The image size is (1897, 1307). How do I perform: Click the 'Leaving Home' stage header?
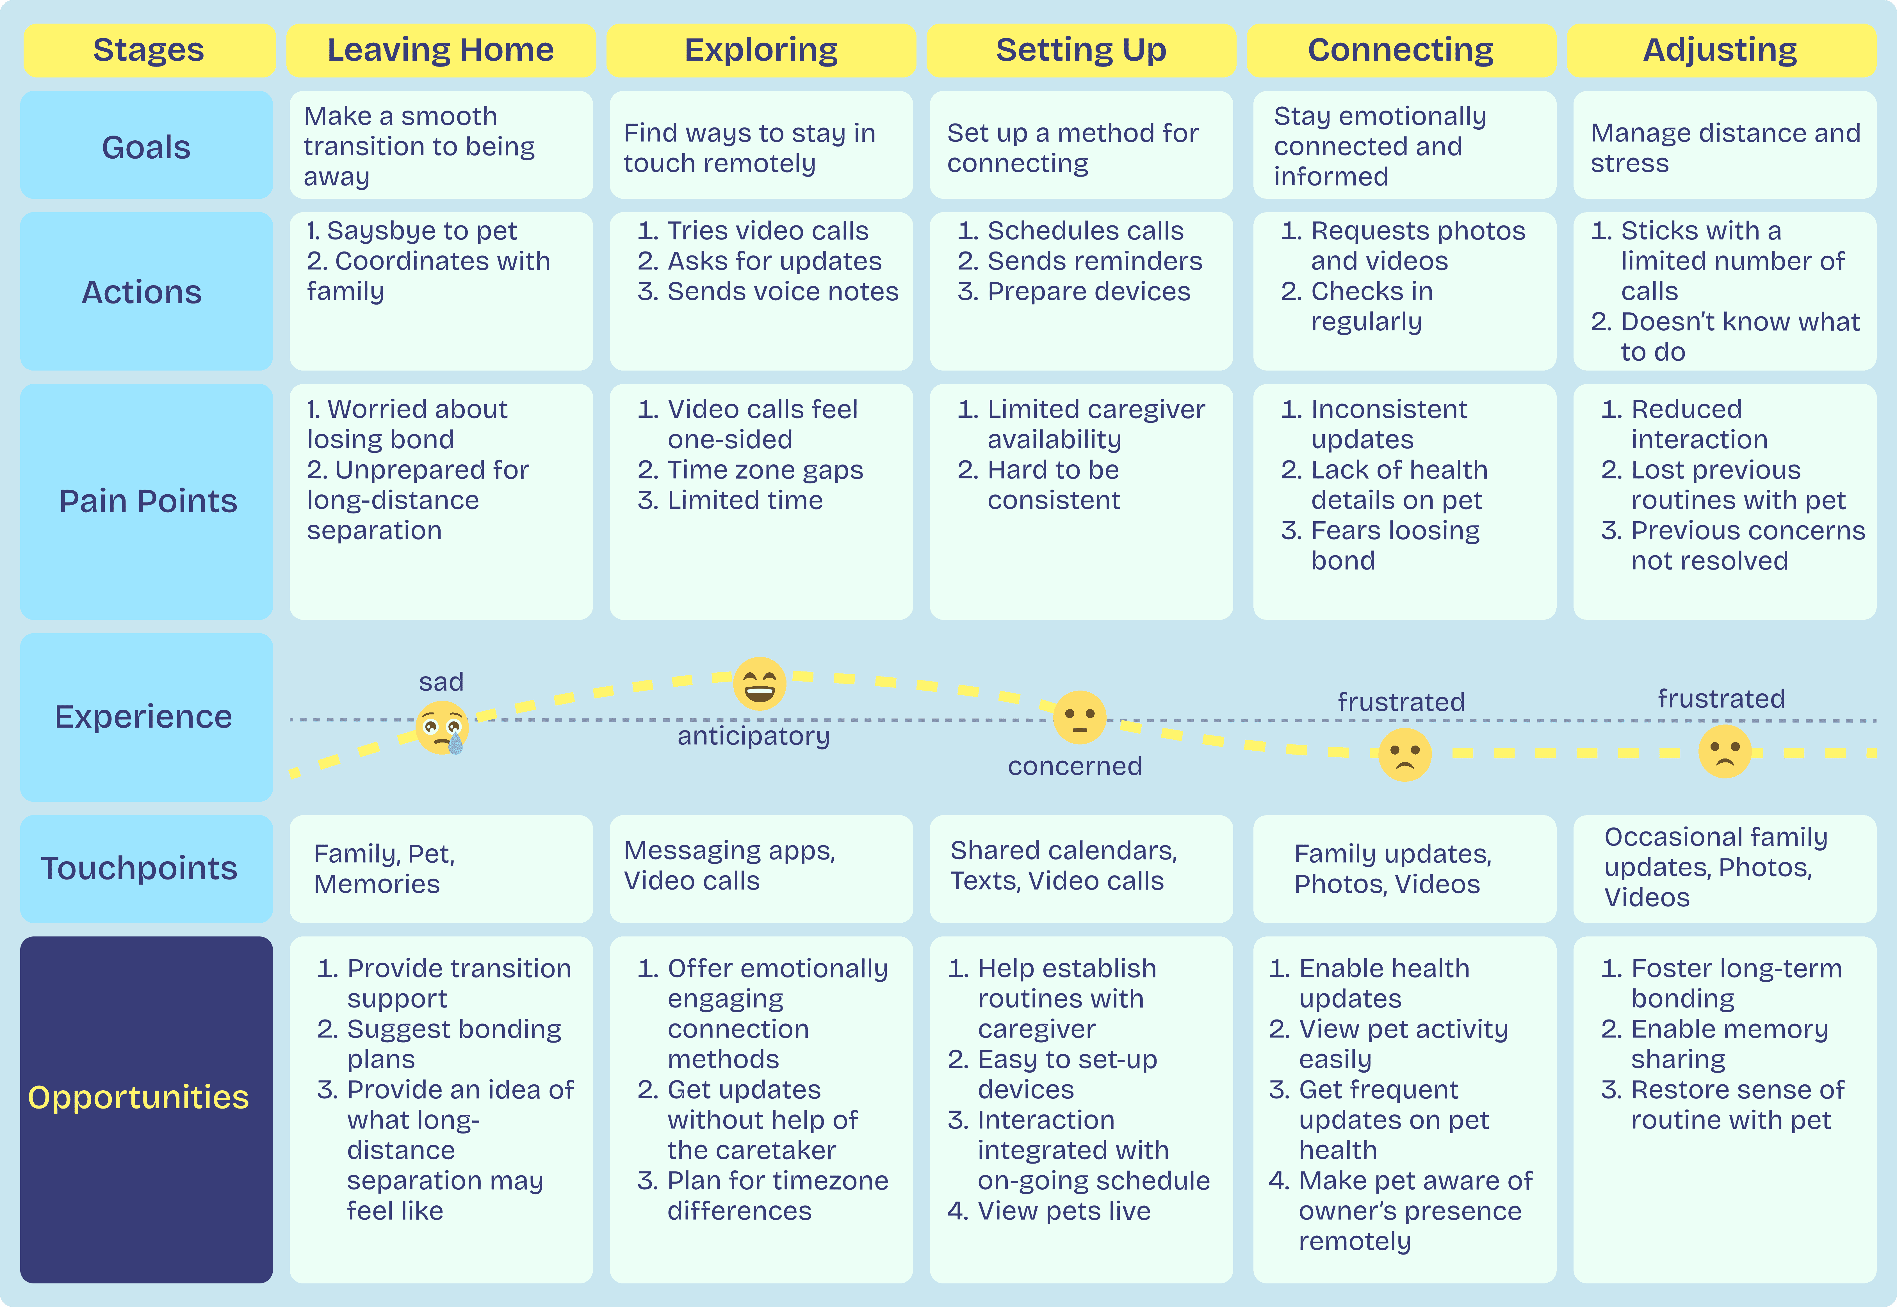(x=441, y=50)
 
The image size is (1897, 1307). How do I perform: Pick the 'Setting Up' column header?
(x=1080, y=50)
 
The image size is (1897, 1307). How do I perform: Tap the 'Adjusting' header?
(x=1720, y=50)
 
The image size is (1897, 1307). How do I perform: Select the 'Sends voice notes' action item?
(x=782, y=292)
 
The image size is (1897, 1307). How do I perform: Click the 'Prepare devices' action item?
(x=1089, y=292)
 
